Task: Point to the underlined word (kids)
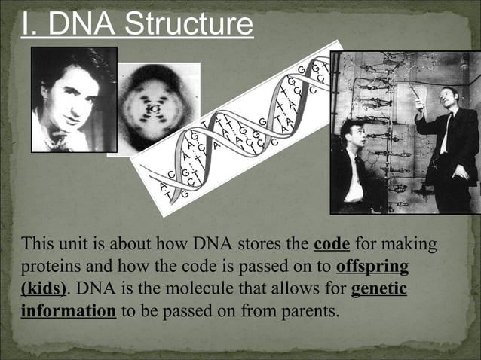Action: coord(44,288)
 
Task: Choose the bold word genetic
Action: coord(379,288)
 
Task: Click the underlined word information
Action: coord(69,310)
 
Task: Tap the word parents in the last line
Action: coord(305,310)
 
